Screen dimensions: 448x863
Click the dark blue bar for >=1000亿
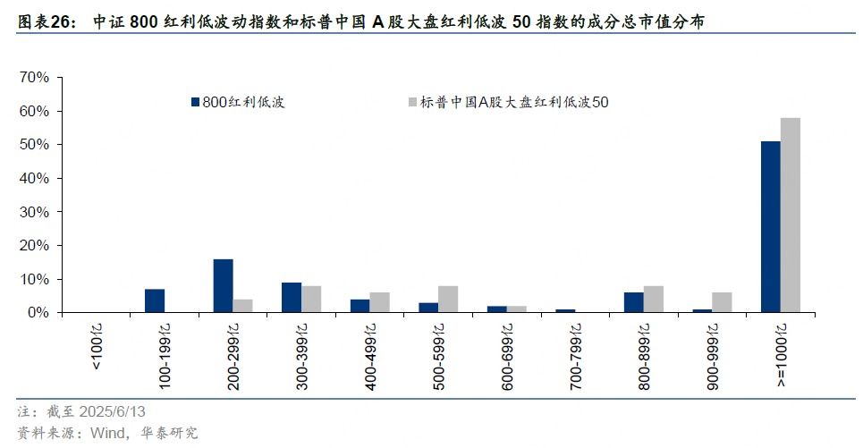tap(770, 227)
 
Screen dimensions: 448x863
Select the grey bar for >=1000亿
tap(790, 216)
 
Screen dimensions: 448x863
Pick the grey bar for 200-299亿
tap(242, 306)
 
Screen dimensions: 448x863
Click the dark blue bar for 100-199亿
tap(155, 301)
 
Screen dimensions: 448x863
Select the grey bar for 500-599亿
tap(448, 300)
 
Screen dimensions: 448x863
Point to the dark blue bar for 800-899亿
tap(633, 302)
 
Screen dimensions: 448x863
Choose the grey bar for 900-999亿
tap(722, 302)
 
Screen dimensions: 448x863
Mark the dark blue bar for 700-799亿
tap(565, 311)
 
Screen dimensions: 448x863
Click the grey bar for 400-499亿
tap(379, 302)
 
